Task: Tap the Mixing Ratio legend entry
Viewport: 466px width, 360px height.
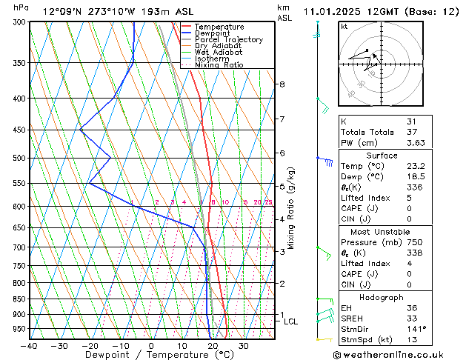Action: pyautogui.click(x=219, y=65)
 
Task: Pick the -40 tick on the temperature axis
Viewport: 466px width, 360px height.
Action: pyautogui.click(x=30, y=346)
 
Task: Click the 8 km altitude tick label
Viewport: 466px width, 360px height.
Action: pyautogui.click(x=282, y=84)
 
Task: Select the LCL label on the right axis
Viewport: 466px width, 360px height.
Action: pyautogui.click(x=290, y=321)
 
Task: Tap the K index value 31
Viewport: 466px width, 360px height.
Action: pyautogui.click(x=412, y=121)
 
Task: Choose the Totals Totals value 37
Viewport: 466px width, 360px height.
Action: pyautogui.click(x=412, y=132)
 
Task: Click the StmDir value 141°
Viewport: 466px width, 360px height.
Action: pyautogui.click(x=416, y=329)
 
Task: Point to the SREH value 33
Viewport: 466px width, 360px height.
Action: pyautogui.click(x=412, y=319)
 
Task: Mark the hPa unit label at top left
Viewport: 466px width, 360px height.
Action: pyautogui.click(x=21, y=7)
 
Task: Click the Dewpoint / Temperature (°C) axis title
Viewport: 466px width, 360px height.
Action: pyautogui.click(x=152, y=356)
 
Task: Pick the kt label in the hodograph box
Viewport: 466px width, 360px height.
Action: pyautogui.click(x=344, y=27)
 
